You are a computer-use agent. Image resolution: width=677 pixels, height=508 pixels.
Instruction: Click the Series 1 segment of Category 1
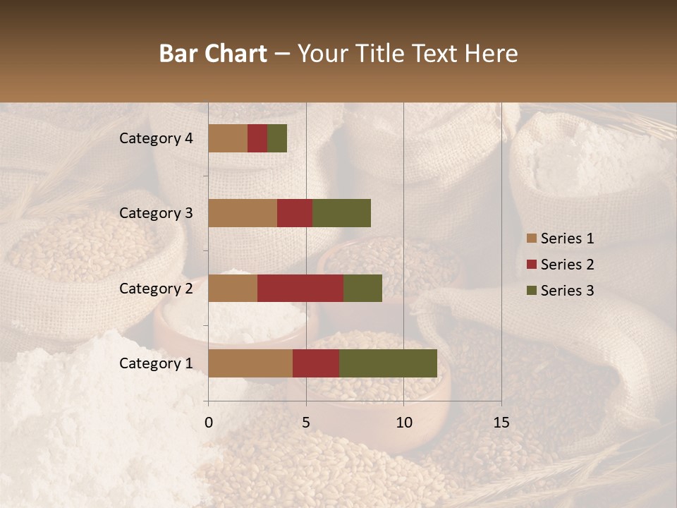250,363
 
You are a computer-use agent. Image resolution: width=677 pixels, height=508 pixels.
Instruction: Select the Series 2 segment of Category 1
316,363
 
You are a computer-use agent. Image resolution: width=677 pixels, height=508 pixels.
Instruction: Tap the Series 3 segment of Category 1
388,363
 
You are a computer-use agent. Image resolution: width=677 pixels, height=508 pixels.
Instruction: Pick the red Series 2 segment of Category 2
300,288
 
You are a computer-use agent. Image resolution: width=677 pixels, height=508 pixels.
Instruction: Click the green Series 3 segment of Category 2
362,288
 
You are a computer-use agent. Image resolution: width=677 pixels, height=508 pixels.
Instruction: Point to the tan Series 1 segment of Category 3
243,213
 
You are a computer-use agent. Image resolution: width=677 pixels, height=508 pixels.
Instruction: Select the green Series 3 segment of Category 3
341,213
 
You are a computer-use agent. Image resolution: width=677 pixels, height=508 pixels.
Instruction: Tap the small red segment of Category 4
257,138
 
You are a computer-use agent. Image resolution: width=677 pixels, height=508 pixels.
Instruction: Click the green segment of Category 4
277,138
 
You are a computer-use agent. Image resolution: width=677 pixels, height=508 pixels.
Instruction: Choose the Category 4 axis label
156,138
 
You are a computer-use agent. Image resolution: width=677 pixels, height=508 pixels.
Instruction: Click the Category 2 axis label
156,288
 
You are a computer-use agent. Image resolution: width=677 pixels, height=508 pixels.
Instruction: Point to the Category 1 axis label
156,363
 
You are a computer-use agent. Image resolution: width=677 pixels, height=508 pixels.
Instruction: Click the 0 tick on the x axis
208,423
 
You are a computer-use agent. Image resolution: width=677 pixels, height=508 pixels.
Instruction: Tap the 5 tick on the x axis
306,423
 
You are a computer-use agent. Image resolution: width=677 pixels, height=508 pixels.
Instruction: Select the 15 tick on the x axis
501,423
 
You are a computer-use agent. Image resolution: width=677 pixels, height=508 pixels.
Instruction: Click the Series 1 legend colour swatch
531,238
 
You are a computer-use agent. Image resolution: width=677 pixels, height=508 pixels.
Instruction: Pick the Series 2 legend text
567,265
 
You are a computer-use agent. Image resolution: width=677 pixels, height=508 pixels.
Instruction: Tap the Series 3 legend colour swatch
531,291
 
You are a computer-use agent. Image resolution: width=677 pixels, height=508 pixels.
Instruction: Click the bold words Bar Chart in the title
213,54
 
